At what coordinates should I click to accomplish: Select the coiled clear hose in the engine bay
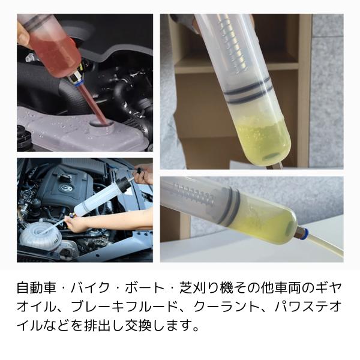pos(39,229)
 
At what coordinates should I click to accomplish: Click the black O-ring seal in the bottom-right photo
pos(230,208)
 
